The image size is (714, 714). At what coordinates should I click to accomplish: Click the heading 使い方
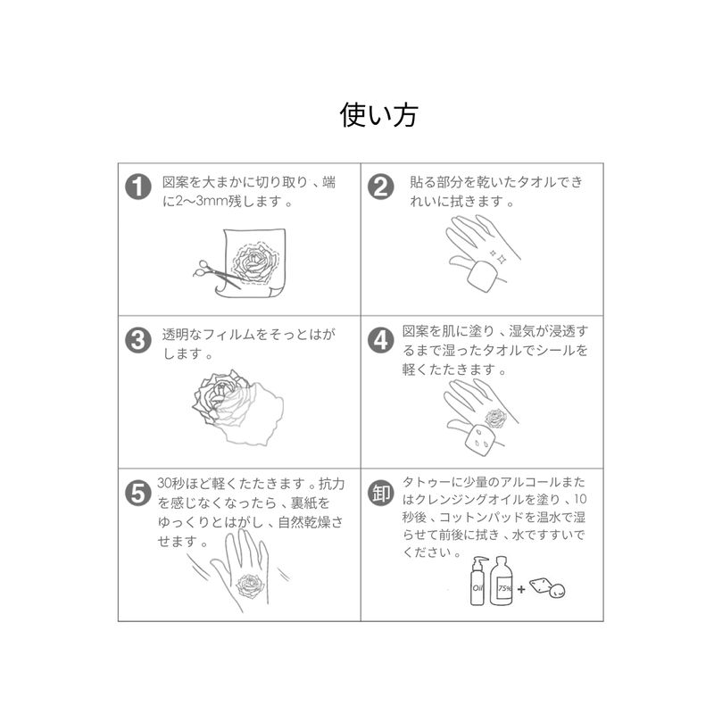[x=378, y=115]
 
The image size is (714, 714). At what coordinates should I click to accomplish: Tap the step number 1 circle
[x=138, y=187]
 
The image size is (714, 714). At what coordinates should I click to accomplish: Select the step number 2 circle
[x=381, y=187]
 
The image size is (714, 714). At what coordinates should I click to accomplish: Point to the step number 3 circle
[x=138, y=340]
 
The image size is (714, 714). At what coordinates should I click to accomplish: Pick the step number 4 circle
[x=381, y=340]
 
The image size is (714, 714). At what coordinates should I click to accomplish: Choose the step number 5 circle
[x=138, y=494]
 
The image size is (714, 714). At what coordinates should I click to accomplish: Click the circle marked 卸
[x=381, y=494]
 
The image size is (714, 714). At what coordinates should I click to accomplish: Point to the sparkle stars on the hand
[x=497, y=257]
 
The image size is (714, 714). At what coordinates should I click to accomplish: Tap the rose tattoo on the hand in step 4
[x=496, y=418]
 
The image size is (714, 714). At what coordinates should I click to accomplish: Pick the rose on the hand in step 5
[x=251, y=586]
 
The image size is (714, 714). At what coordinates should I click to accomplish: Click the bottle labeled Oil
[x=477, y=581]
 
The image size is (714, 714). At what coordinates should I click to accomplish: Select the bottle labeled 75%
[x=502, y=581]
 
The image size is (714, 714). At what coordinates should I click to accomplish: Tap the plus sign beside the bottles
[x=521, y=590]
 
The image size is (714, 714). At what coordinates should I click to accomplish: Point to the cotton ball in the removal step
[x=557, y=591]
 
